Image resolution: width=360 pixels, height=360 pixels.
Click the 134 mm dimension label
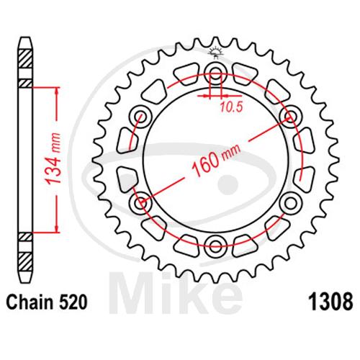(53, 158)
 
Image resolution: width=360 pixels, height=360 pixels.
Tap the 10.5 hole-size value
(231, 107)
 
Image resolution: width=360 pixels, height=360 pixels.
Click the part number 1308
(330, 302)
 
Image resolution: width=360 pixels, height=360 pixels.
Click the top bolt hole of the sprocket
(215, 72)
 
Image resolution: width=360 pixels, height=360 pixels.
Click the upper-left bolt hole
(140, 117)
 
